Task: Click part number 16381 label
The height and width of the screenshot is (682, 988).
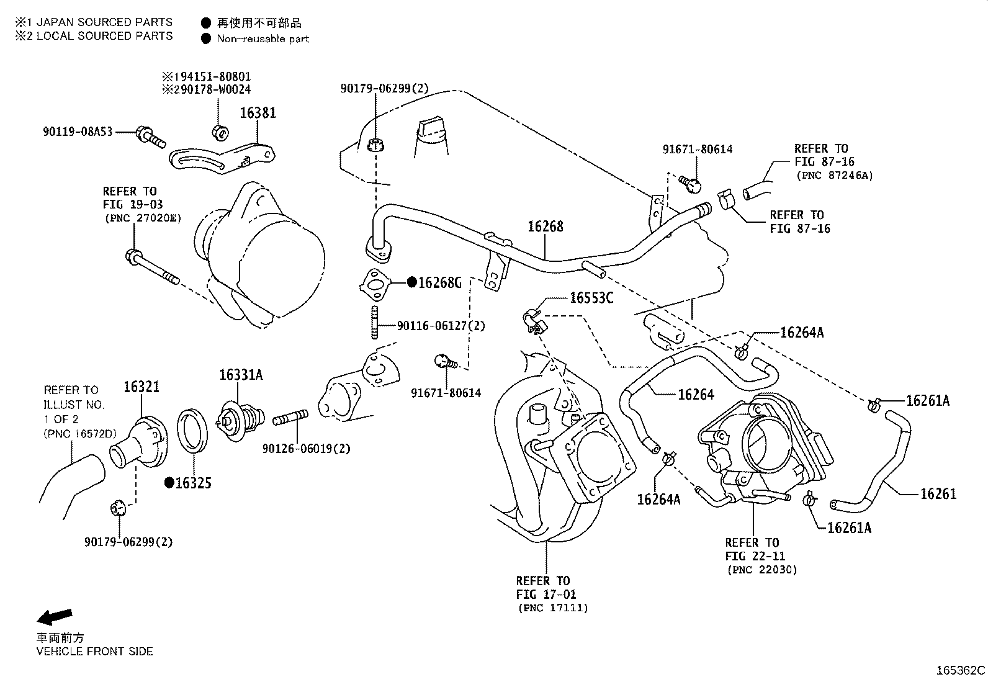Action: [x=258, y=113]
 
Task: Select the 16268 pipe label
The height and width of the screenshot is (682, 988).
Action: [x=546, y=227]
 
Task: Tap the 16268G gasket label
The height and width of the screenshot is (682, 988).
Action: [x=439, y=283]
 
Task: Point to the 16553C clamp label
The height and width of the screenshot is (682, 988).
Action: [x=591, y=298]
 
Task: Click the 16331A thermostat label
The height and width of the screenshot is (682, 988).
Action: [x=240, y=375]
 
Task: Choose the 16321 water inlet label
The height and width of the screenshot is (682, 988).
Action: [x=141, y=387]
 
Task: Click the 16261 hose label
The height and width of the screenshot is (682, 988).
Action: [x=938, y=494]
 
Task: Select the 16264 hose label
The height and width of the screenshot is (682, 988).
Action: [x=696, y=394]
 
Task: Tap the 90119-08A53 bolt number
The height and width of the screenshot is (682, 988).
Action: [x=78, y=132]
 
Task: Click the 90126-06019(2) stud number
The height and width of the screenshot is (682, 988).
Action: [x=306, y=448]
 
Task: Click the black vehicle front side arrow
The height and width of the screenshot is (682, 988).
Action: [x=54, y=616]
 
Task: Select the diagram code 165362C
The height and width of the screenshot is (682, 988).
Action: [x=960, y=670]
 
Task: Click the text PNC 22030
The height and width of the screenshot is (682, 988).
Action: [x=761, y=570]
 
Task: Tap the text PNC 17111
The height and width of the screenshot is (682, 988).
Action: [x=552, y=608]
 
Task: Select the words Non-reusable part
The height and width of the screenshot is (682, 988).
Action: [x=263, y=39]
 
